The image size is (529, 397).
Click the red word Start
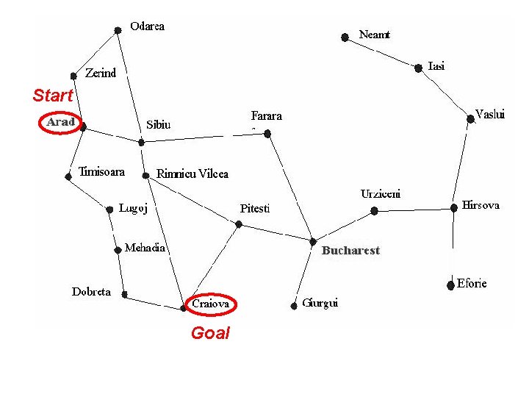(53, 95)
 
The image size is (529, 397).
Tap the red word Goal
(211, 333)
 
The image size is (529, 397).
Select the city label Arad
(61, 122)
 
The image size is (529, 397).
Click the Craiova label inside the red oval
(211, 304)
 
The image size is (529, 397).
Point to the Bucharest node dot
(313, 242)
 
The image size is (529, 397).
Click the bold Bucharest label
(351, 251)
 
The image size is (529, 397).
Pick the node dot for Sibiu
(141, 143)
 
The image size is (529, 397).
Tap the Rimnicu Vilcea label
(192, 174)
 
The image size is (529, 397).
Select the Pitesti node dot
(239, 224)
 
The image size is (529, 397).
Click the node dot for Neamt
(345, 37)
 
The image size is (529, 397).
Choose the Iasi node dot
(418, 68)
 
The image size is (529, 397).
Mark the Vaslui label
(490, 114)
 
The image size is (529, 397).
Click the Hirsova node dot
(454, 207)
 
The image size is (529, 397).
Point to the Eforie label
(472, 283)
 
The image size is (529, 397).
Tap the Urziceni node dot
(374, 211)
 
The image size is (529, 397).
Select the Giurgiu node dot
(294, 306)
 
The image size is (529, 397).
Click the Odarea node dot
(118, 31)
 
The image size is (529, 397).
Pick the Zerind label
(101, 73)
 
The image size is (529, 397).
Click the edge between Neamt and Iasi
(381, 53)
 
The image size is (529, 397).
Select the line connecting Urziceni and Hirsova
(414, 210)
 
